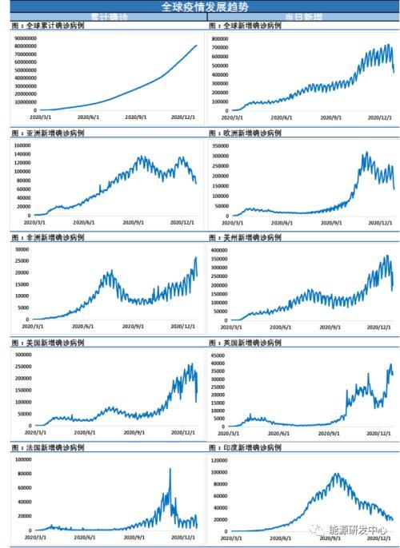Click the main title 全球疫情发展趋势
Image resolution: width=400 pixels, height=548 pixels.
click(x=200, y=6)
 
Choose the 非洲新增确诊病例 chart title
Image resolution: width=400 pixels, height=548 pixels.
click(x=48, y=237)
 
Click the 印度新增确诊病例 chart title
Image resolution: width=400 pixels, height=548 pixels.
click(x=245, y=448)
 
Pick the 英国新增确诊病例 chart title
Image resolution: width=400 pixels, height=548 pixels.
click(x=245, y=343)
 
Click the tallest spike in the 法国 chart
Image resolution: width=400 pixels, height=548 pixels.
click(x=170, y=469)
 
